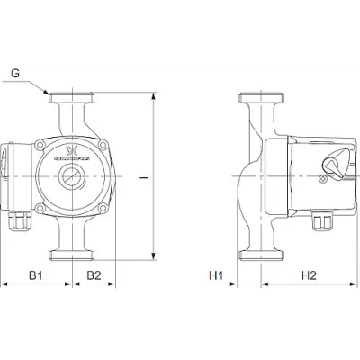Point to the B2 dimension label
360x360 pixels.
pyautogui.click(x=93, y=274)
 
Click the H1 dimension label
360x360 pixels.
pyautogui.click(x=216, y=274)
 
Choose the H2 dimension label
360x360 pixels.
pyautogui.click(x=306, y=274)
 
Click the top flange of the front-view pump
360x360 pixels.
pyautogui.click(x=71, y=95)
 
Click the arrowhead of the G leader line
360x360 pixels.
pyautogui.click(x=48, y=91)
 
